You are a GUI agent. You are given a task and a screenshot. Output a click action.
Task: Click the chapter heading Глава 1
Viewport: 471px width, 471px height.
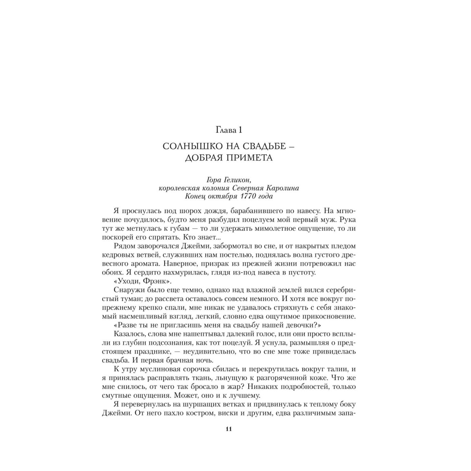[x=229, y=129]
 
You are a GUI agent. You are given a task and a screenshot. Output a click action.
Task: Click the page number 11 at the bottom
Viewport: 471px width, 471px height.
[x=229, y=429]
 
